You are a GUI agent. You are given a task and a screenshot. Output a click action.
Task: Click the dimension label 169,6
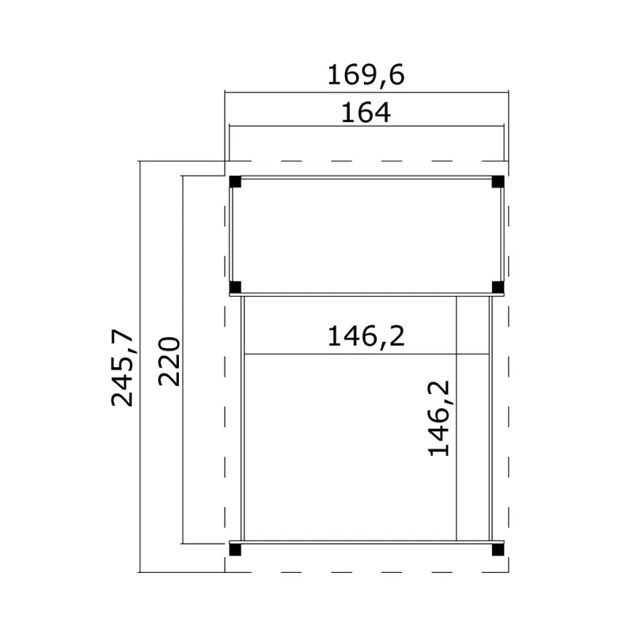[x=366, y=75]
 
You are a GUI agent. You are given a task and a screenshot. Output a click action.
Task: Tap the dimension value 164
[x=366, y=113]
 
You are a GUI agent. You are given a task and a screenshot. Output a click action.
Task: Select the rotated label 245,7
[x=123, y=367]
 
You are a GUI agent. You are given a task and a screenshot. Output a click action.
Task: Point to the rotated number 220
[x=169, y=362]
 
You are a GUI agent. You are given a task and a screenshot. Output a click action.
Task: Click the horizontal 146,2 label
[x=366, y=336]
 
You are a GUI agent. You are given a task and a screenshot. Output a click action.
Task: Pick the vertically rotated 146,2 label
[x=439, y=419]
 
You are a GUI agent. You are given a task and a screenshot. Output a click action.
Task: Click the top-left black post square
[x=235, y=181]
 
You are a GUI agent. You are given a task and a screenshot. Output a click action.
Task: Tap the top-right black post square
[x=498, y=181]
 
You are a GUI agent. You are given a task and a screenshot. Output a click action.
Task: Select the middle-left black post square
[x=235, y=287]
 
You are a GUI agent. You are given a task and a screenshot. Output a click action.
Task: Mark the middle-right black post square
[x=498, y=287]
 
